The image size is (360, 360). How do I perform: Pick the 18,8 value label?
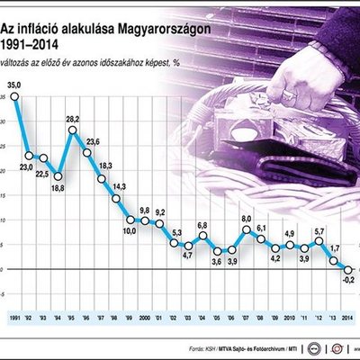point(58,187)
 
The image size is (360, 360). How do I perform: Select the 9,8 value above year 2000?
point(144,210)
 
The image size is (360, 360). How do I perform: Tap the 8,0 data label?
point(245,219)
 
